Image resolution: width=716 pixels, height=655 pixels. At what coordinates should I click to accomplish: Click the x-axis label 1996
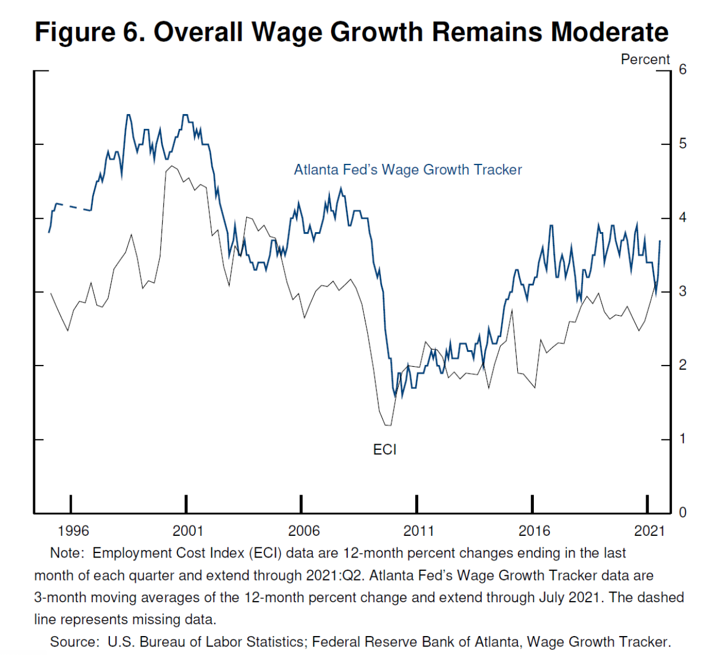(x=73, y=531)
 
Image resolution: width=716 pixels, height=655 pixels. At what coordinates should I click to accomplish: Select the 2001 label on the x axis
(x=188, y=531)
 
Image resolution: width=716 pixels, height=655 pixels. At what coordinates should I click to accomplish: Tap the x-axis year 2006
(x=304, y=531)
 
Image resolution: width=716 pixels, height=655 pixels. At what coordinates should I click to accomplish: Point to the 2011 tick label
(x=419, y=531)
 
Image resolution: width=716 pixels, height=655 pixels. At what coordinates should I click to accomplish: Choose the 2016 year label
(x=534, y=531)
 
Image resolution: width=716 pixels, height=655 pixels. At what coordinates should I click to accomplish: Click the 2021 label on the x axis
(x=649, y=531)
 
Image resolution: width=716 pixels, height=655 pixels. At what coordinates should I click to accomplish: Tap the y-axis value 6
(x=683, y=69)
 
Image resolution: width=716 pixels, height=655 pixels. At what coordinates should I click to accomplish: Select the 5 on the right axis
(x=683, y=143)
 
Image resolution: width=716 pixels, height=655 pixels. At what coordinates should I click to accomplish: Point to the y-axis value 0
(x=683, y=512)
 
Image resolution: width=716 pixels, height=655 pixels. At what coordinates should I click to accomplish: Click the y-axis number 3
(x=683, y=291)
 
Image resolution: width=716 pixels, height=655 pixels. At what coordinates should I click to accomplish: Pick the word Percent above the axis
(x=645, y=60)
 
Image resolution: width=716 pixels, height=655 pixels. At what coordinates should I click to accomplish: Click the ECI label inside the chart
(x=384, y=450)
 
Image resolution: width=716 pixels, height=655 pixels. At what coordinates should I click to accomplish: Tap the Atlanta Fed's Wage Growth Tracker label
(x=408, y=170)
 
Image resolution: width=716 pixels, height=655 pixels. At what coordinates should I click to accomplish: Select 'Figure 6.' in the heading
(x=89, y=32)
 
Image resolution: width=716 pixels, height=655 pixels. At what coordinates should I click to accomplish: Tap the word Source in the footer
(x=73, y=642)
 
